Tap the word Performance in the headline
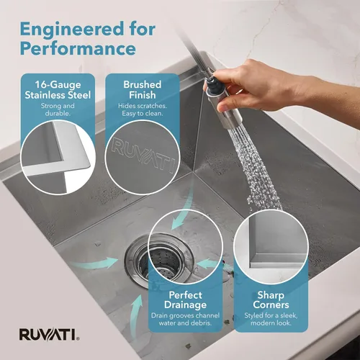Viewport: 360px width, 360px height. coord(78,48)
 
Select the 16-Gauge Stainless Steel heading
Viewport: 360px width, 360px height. coord(58,90)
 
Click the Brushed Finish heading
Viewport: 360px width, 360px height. coord(143,90)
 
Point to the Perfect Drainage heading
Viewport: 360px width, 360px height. coord(185,300)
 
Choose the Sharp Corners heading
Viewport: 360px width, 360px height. coord(271,300)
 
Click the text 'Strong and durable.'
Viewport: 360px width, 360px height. coord(58,109)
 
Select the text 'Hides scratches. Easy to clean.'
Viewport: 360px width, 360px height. coord(143,109)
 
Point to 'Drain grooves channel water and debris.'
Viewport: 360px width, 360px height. coord(185,319)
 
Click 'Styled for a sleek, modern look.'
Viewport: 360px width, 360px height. coord(271,319)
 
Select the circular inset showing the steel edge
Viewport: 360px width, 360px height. coord(58,157)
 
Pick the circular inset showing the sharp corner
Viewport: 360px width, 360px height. coord(271,246)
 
